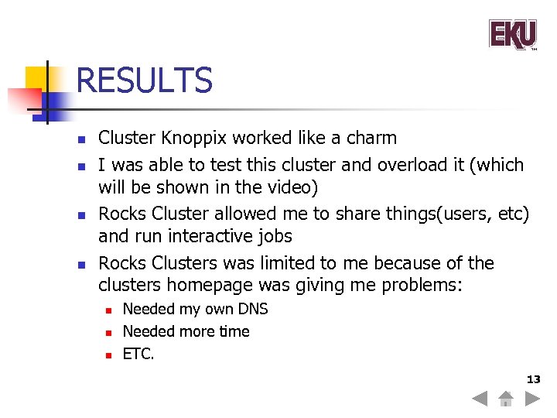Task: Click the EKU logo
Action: tap(512, 35)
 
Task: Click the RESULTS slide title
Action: tap(144, 81)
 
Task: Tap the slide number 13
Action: tap(534, 379)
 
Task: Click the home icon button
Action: tap(505, 399)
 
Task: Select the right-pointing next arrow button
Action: tap(532, 399)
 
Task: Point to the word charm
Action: tap(373, 139)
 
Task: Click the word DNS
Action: tap(253, 309)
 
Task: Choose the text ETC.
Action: tap(138, 355)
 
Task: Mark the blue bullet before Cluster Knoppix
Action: tap(80, 140)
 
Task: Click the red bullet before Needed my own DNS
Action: tap(109, 310)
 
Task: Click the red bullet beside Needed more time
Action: tap(109, 333)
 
